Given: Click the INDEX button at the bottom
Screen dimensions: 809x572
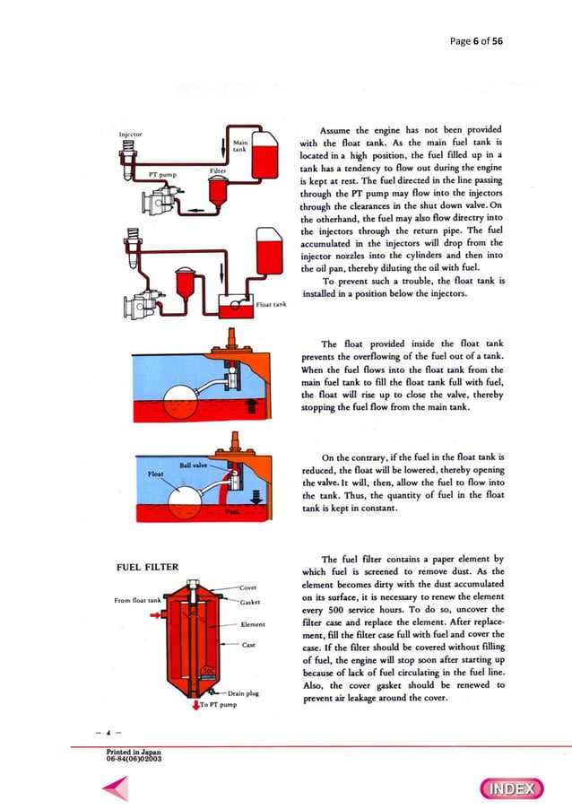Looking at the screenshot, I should pyautogui.click(x=513, y=789).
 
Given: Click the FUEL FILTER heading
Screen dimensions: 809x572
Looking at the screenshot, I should pyautogui.click(x=148, y=567).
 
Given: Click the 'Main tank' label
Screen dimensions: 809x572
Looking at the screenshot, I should pyautogui.click(x=239, y=145).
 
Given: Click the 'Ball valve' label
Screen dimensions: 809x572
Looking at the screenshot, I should pyautogui.click(x=195, y=464).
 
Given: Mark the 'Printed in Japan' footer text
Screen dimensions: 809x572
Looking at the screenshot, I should pyautogui.click(x=132, y=752).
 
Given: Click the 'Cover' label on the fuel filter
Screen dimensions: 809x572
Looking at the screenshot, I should pyautogui.click(x=248, y=587).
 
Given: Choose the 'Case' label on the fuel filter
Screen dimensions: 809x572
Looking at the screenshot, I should pyautogui.click(x=249, y=644).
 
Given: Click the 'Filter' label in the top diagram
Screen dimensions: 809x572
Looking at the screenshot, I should pyautogui.click(x=217, y=169).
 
